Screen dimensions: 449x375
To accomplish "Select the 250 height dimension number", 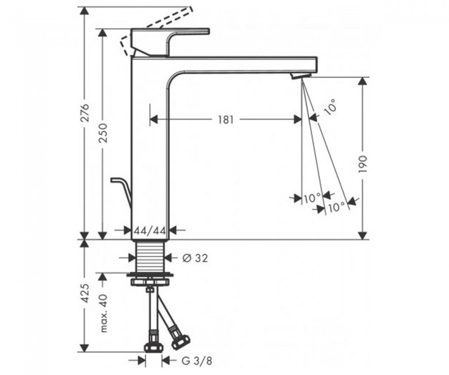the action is [103, 133].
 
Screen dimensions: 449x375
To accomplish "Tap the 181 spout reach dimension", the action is [226, 119].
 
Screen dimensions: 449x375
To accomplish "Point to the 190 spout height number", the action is [363, 164].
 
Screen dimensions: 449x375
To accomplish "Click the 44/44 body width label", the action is [150, 230].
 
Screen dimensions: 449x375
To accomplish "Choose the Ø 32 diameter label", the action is [195, 258].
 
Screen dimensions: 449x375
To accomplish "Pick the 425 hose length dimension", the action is [85, 294].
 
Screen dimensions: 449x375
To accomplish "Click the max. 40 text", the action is [103, 313].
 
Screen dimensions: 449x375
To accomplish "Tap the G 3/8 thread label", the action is [197, 361].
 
